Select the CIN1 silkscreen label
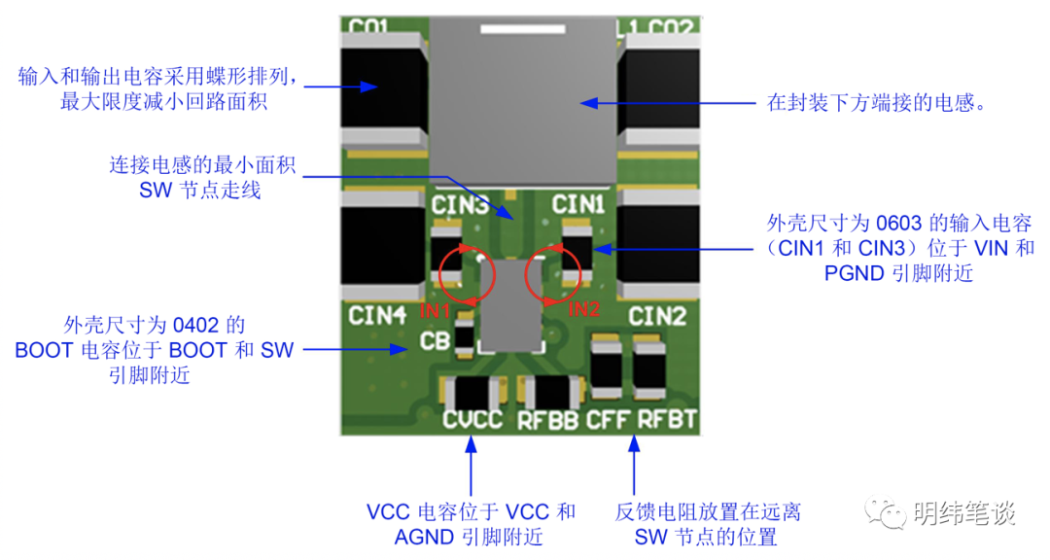[x=578, y=205]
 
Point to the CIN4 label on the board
[x=377, y=316]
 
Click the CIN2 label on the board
[x=657, y=317]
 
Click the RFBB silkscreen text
[x=547, y=421]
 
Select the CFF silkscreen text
[x=609, y=421]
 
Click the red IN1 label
[x=435, y=311]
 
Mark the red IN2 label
[x=584, y=310]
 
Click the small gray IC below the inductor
[x=509, y=308]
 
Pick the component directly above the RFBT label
[x=649, y=367]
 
